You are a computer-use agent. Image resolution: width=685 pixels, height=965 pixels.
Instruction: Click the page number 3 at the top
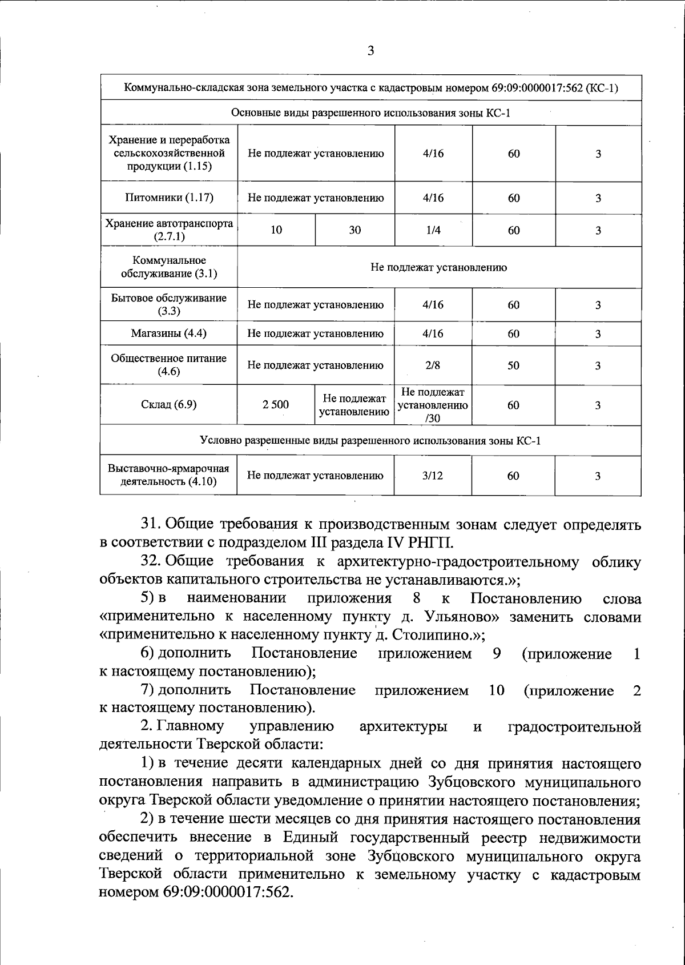370,51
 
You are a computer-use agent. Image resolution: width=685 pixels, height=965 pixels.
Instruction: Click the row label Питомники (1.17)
169,198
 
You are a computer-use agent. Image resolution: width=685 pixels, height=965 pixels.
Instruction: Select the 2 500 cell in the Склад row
276,405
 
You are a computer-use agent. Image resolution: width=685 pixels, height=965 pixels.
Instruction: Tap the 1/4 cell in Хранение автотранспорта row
433,230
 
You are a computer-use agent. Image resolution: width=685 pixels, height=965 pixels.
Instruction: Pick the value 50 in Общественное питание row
513,365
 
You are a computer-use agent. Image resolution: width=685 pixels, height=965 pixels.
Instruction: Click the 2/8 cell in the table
433,365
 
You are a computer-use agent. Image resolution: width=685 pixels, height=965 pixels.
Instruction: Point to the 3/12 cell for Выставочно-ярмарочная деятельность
433,476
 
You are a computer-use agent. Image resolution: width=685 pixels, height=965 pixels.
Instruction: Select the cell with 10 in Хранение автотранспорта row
276,230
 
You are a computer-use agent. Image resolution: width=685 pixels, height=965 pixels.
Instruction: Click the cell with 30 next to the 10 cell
355,230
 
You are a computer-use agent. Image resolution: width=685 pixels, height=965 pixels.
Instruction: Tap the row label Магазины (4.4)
169,333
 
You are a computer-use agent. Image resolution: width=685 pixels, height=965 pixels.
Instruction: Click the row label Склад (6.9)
169,405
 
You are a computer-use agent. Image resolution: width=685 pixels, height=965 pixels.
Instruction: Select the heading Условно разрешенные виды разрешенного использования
370,441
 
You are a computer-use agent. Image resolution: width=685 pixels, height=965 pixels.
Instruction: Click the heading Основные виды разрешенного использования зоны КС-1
370,113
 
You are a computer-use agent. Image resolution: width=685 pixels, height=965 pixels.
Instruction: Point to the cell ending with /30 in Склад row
433,405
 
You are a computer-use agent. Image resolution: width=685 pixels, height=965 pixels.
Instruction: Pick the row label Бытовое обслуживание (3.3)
169,304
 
